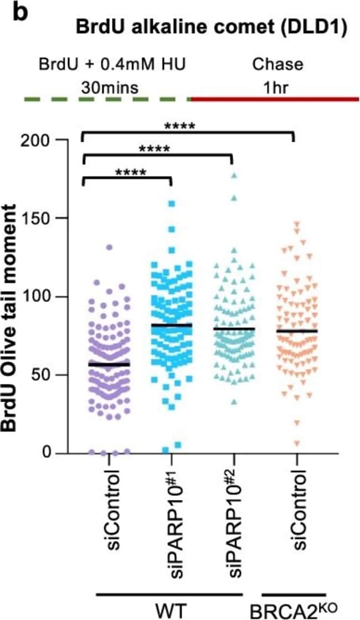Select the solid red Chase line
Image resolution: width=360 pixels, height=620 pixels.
tap(275, 100)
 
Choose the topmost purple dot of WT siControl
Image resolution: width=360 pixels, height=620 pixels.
tap(109, 247)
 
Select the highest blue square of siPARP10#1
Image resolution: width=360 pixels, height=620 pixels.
tap(172, 203)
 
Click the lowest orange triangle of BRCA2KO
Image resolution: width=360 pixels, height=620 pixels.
tap(297, 443)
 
